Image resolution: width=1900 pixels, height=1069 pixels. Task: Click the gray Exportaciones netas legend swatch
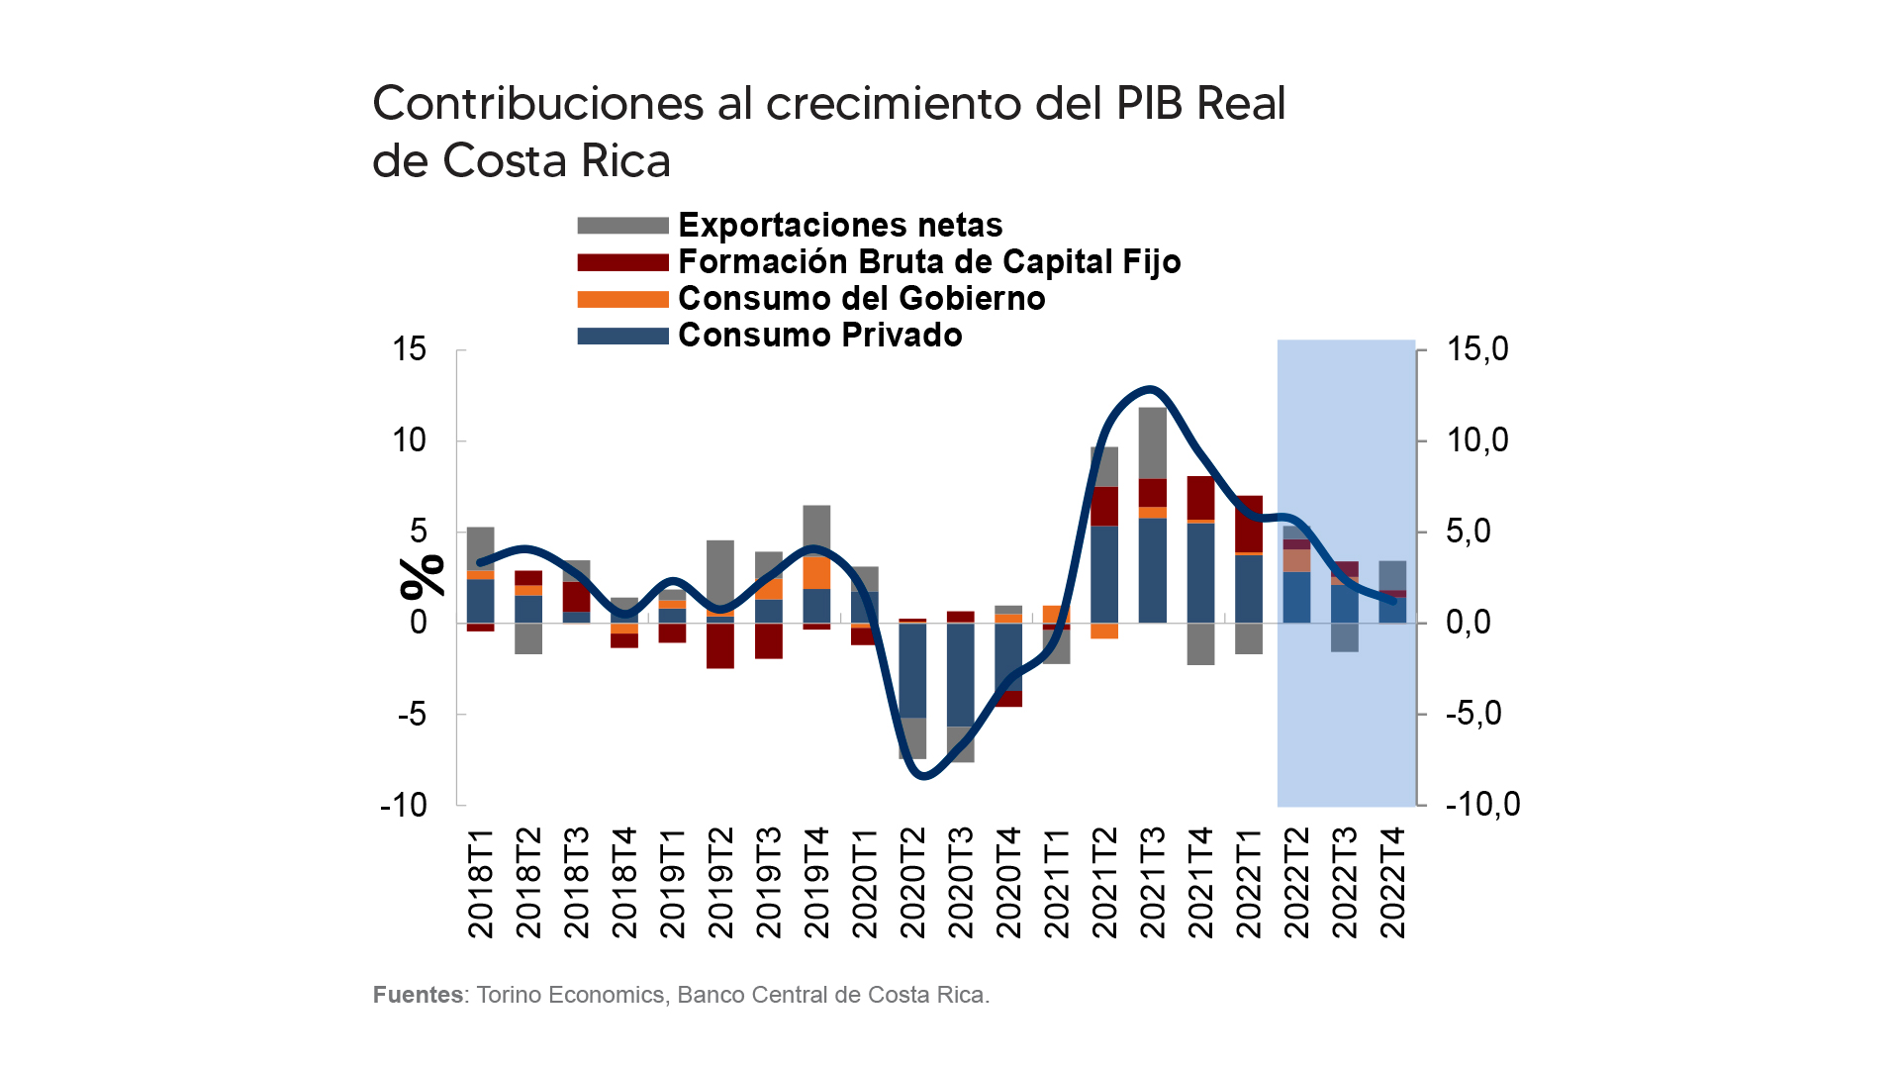(x=622, y=226)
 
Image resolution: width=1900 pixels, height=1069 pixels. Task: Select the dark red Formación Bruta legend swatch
(x=622, y=262)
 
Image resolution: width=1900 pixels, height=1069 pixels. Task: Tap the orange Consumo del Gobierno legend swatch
(x=622, y=299)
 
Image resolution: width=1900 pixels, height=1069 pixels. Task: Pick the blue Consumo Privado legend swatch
(x=622, y=336)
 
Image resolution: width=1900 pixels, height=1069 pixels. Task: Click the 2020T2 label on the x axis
(x=912, y=883)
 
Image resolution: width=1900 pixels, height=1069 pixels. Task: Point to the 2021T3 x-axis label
(x=1153, y=883)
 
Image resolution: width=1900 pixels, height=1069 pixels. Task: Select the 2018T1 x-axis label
(x=480, y=883)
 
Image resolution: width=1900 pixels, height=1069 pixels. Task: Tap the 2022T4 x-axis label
(x=1392, y=883)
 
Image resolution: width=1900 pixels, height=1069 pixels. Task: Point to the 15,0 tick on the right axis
(x=1477, y=349)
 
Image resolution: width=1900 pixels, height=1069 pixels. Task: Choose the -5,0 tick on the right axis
(x=1473, y=714)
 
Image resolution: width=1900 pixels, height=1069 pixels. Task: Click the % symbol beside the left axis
(x=423, y=577)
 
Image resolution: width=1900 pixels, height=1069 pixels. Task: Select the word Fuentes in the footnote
(x=418, y=995)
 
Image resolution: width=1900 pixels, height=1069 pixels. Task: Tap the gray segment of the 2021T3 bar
(x=1153, y=442)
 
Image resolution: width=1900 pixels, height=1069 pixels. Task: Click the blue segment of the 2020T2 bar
(x=912, y=670)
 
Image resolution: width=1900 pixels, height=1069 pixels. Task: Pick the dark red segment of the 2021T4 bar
(x=1200, y=498)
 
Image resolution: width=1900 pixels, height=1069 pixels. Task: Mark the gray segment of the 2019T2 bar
(x=720, y=575)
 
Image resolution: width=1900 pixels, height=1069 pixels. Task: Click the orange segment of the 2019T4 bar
(x=816, y=573)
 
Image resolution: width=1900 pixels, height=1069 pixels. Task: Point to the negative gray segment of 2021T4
(x=1200, y=643)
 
